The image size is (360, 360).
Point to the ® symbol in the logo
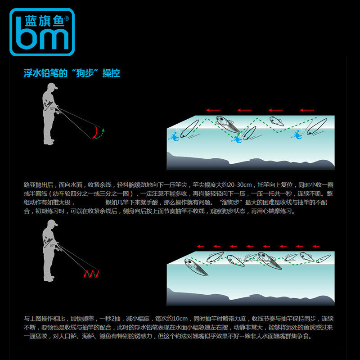click(67, 18)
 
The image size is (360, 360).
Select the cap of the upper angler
click(53, 86)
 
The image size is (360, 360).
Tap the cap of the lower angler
click(53, 222)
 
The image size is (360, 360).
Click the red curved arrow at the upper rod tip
click(95, 132)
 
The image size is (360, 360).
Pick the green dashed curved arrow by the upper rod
click(100, 134)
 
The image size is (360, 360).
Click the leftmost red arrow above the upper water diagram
click(213, 110)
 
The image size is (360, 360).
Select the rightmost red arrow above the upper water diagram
click(307, 110)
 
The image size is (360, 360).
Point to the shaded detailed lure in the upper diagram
click(228, 124)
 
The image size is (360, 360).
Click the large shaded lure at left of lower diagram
click(196, 267)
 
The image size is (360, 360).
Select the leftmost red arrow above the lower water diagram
click(200, 246)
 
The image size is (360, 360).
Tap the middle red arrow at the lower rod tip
click(91, 274)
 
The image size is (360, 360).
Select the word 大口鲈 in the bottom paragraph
click(68, 336)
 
